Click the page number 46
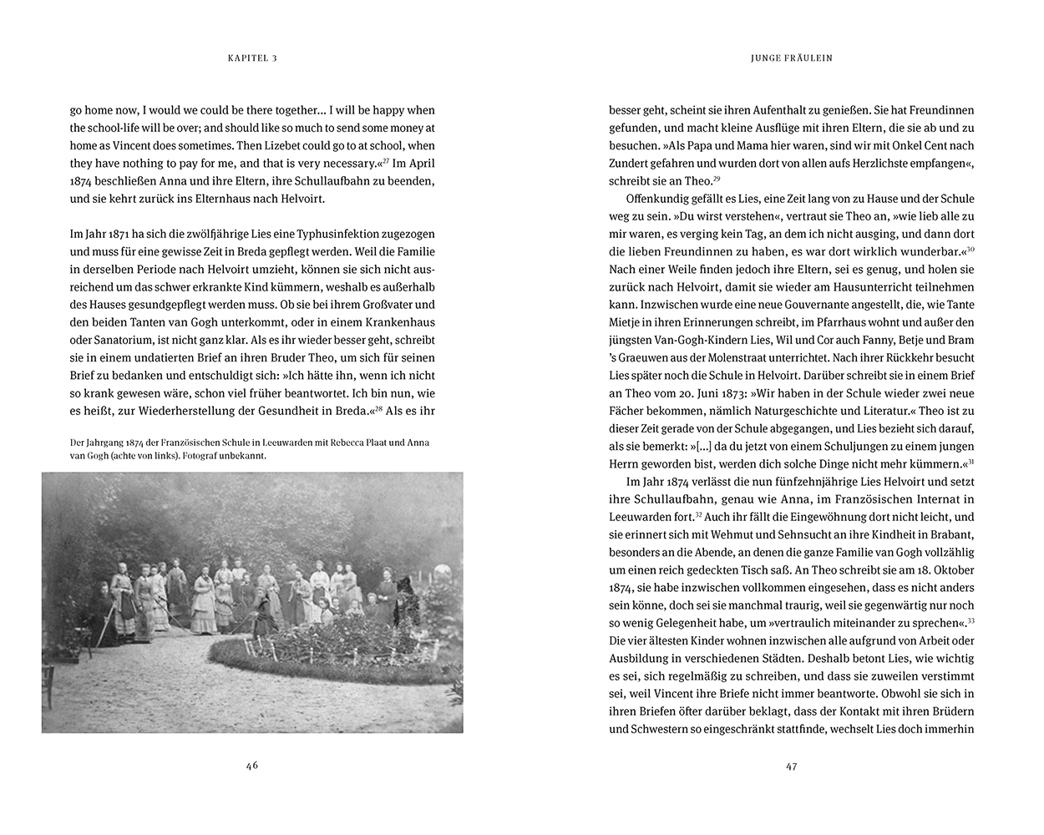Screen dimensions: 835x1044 click(252, 766)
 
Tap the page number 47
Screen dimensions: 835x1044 click(792, 766)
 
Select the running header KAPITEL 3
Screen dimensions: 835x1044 click(251, 58)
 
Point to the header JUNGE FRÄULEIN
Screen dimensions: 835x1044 click(792, 58)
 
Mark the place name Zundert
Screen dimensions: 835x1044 click(634, 163)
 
